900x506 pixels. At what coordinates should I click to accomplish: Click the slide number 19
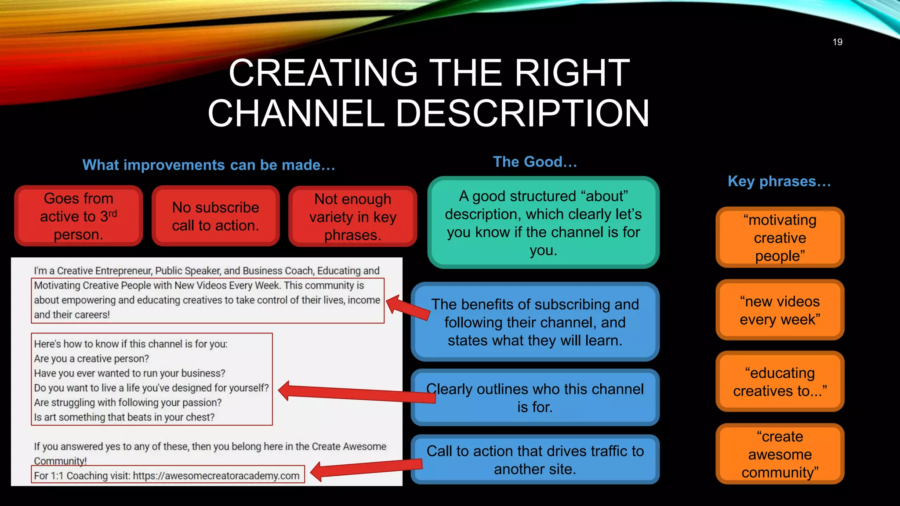(x=837, y=42)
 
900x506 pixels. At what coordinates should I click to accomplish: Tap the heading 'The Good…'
(x=535, y=162)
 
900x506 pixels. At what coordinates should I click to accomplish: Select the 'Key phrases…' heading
(x=779, y=181)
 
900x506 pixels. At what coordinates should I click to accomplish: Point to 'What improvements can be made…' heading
(x=209, y=165)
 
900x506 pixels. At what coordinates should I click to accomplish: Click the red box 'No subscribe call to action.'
(x=215, y=216)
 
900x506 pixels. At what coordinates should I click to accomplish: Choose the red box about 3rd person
(x=79, y=216)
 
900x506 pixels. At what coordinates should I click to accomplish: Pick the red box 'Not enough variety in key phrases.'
(x=352, y=217)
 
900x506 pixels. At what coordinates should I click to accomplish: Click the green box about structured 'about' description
(x=543, y=223)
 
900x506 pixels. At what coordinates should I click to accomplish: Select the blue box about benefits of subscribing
(x=535, y=322)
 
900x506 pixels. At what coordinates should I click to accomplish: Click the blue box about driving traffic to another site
(x=535, y=460)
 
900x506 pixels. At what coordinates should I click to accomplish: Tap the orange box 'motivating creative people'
(x=780, y=238)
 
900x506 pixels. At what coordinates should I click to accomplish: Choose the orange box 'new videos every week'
(x=780, y=310)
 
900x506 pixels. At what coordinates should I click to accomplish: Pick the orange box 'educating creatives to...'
(x=780, y=382)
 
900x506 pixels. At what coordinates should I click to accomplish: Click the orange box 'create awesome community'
(x=780, y=454)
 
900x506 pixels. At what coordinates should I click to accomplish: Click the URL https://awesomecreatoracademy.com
(x=216, y=476)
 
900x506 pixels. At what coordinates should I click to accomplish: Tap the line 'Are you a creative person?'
(x=91, y=359)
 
